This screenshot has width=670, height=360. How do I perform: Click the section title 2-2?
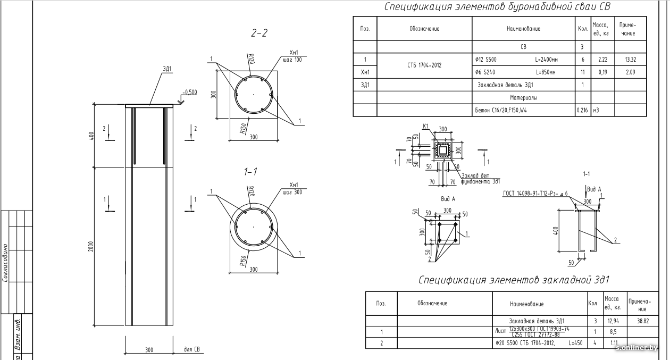259,34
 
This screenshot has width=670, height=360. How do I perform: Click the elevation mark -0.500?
189,92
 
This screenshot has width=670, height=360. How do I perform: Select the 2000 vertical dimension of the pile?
91,246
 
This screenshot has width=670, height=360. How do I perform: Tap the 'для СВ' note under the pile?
191,350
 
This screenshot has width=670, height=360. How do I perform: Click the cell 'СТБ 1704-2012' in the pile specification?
424,65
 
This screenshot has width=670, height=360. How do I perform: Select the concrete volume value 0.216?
582,111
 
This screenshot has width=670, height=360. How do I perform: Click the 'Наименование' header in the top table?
523,29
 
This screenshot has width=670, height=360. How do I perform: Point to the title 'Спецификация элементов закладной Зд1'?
513,280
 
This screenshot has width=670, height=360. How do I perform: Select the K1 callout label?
425,126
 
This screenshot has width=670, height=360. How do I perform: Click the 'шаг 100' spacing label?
292,60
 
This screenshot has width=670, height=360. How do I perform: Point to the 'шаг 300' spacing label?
292,192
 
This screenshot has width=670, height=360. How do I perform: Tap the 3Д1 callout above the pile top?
167,69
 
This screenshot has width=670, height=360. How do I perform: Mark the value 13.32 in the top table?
631,60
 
